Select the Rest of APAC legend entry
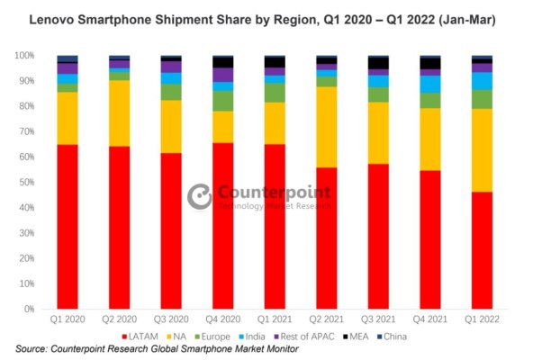[x=330, y=335]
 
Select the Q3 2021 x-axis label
[x=378, y=319]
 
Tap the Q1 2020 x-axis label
[x=67, y=319]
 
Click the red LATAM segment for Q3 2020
[x=171, y=230]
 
